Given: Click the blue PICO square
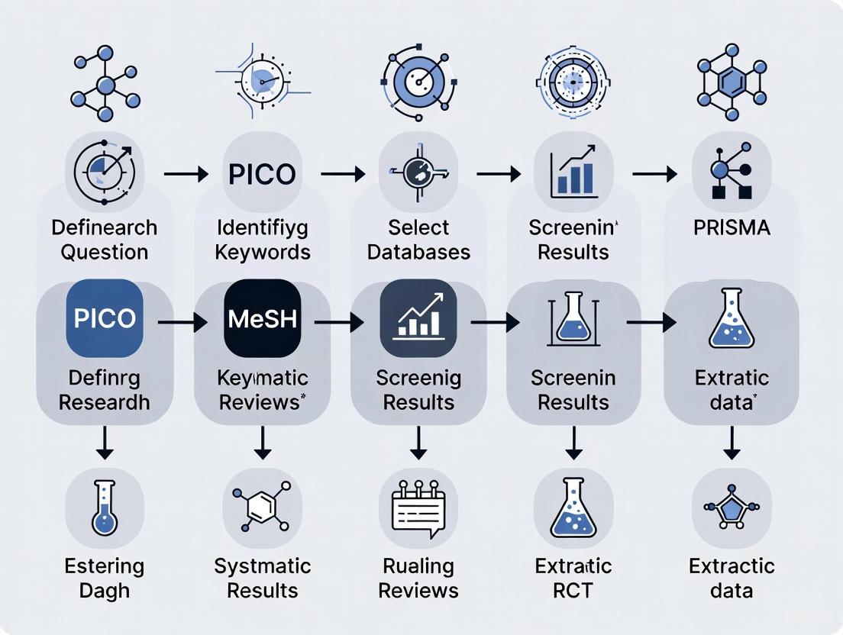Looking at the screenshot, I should [x=105, y=318].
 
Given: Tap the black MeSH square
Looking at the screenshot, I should [x=262, y=318].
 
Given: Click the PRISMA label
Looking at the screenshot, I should [x=732, y=227].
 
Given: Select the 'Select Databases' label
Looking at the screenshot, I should [x=418, y=240].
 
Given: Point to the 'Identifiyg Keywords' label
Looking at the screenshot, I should [x=263, y=240].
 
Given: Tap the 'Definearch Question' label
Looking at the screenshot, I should [x=105, y=240].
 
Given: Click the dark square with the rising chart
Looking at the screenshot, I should [x=418, y=318].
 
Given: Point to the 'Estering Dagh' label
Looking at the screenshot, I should [x=105, y=578].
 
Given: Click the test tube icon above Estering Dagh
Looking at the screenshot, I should [x=105, y=508].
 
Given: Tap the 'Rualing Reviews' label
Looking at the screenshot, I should [x=418, y=578].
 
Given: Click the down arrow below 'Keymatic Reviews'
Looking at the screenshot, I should [x=262, y=442].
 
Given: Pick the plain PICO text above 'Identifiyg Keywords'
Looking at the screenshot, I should [x=262, y=173].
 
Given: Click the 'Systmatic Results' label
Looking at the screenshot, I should [x=262, y=578].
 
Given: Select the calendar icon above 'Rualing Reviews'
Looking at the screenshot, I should [x=418, y=508].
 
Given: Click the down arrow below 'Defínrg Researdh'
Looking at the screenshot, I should [x=105, y=442].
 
